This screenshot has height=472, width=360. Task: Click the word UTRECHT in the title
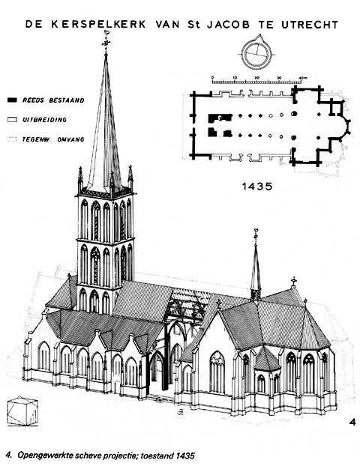point(310,25)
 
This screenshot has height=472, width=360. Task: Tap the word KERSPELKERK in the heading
point(98,24)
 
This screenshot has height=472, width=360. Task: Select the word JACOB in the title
point(228,25)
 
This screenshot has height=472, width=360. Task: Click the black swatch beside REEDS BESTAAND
point(12,100)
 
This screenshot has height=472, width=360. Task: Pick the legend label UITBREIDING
point(44,120)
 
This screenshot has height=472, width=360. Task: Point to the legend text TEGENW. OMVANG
point(53,139)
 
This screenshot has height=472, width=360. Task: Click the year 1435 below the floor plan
point(257,187)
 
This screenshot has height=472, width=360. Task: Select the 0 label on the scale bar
point(212,77)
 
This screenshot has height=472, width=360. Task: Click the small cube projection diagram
point(22,411)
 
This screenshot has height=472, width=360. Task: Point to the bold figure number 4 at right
point(352,422)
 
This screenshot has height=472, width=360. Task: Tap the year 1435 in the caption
point(184,456)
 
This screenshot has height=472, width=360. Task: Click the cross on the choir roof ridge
point(293,282)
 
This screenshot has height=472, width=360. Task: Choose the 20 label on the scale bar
point(256,78)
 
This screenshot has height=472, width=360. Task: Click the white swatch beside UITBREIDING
point(12,120)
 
